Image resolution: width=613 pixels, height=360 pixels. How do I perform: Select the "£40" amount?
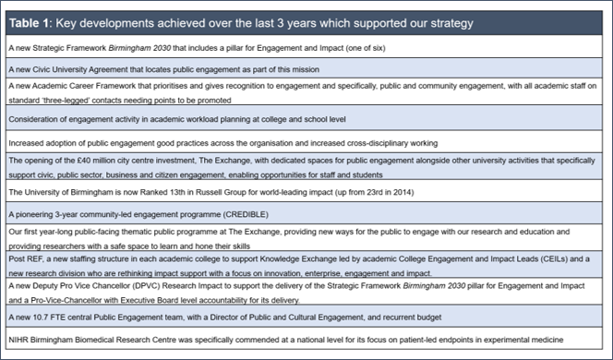(x=75, y=160)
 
